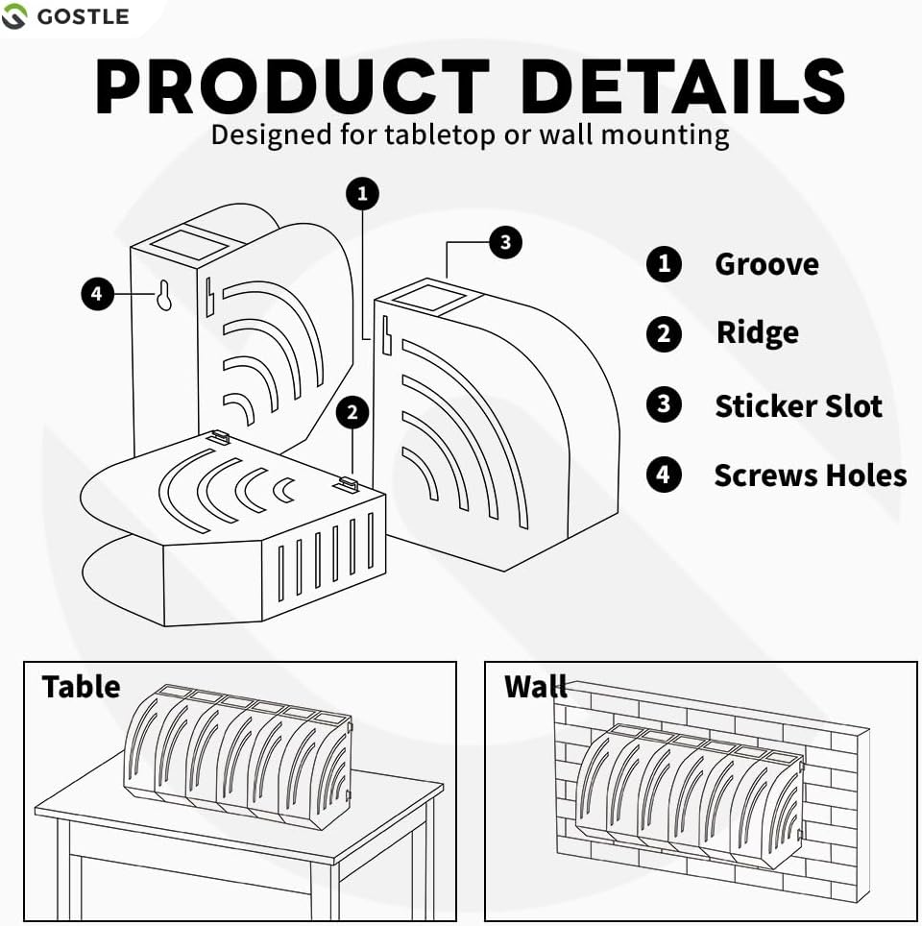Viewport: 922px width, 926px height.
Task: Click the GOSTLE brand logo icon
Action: [x=14, y=16]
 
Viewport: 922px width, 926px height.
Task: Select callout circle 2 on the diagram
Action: [x=353, y=413]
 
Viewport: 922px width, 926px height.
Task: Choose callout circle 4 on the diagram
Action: [x=97, y=294]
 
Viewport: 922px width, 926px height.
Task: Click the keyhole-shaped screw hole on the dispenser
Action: [x=164, y=297]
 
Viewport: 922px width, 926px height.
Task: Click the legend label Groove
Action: [x=766, y=264]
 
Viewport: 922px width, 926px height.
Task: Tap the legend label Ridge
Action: [x=757, y=333]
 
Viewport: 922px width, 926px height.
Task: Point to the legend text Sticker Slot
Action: [x=798, y=405]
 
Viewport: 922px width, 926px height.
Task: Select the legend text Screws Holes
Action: [x=810, y=475]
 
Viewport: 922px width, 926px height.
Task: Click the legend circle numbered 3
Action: [x=664, y=404]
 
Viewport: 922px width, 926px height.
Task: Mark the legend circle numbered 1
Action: [x=664, y=264]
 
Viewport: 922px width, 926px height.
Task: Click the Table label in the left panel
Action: [x=81, y=687]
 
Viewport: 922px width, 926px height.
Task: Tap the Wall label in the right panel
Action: [x=535, y=687]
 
